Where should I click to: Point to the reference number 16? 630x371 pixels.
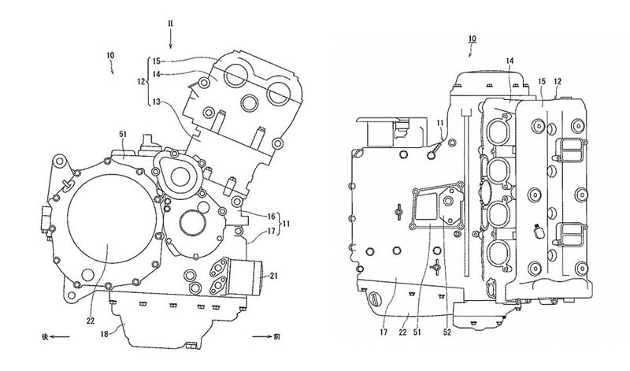pyautogui.click(x=270, y=215)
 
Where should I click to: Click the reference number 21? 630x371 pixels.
pyautogui.click(x=273, y=276)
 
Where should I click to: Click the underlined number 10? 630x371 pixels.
pyautogui.click(x=471, y=39)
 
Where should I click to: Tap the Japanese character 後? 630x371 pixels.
pyautogui.click(x=35, y=336)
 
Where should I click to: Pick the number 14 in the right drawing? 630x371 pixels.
pyautogui.click(x=510, y=61)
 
